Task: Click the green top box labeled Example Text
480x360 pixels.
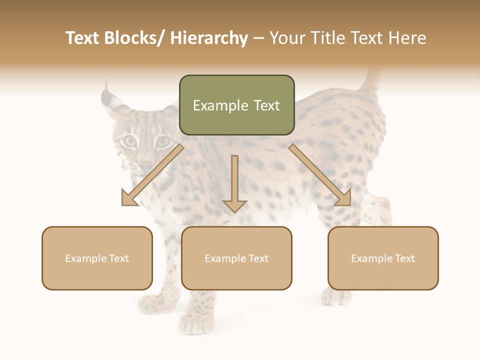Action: point(236,105)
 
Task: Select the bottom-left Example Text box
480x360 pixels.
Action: point(97,258)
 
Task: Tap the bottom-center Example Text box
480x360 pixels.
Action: point(236,258)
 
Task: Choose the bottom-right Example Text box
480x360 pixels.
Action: point(383,258)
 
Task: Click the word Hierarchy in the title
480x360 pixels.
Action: point(209,38)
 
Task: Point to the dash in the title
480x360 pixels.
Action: point(258,38)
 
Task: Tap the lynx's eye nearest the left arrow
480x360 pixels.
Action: point(129,141)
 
